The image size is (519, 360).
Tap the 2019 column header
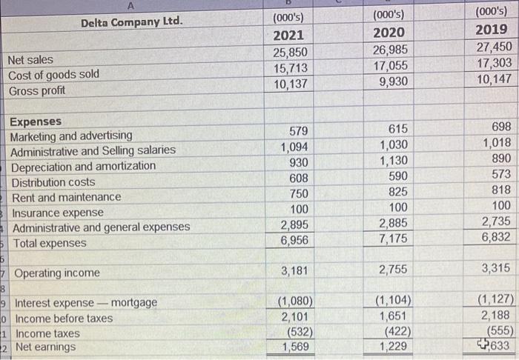pos(491,31)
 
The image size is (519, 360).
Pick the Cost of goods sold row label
pos(53,75)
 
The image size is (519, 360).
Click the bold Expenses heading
pos(35,121)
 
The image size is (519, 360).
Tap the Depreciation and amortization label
pos(83,166)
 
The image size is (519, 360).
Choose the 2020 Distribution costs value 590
pos(398,176)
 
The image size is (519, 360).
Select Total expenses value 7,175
pos(393,239)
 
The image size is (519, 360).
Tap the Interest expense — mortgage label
pos(86,303)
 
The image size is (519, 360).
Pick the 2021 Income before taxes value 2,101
pos(297,317)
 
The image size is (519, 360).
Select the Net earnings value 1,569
pos(297,346)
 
